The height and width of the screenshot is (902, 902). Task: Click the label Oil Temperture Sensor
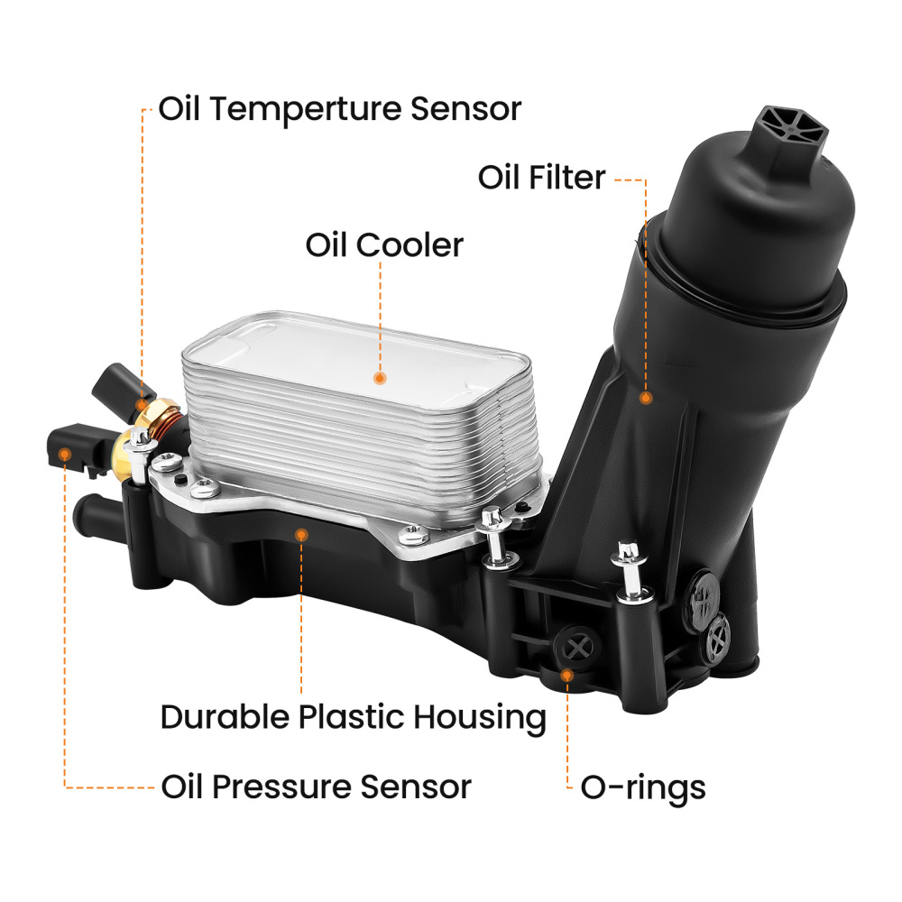pos(339,109)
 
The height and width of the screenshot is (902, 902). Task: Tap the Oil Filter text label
pos(541,178)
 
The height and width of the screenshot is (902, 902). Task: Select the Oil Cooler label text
pos(384,244)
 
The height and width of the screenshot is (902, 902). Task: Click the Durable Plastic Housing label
pos(353,718)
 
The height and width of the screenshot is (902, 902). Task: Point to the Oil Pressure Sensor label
pos(316,787)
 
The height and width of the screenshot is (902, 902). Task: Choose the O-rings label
pos(642,787)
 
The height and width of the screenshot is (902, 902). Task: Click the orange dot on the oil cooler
pos(380,379)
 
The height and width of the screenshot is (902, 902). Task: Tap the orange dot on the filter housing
pos(646,397)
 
